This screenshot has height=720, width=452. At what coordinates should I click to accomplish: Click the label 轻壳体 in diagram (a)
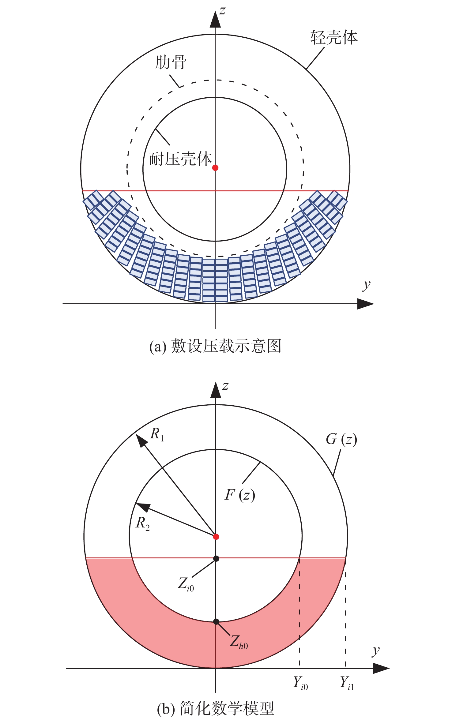[x=334, y=38]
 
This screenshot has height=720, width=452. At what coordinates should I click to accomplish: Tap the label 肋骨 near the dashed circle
[x=171, y=62]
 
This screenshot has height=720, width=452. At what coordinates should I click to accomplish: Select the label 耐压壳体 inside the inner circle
[x=181, y=159]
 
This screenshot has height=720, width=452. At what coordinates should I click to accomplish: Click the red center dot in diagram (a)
[x=215, y=168]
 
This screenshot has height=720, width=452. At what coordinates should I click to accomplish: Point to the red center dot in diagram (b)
[x=216, y=537]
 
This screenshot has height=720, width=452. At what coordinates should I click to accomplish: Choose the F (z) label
[x=240, y=495]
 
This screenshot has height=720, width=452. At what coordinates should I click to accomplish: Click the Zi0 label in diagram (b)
[x=186, y=584]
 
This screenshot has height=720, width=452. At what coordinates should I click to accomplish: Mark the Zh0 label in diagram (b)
[x=239, y=641]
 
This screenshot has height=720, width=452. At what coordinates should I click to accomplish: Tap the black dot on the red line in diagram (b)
[x=216, y=559]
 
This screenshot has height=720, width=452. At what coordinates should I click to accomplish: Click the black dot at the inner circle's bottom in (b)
[x=216, y=622]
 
